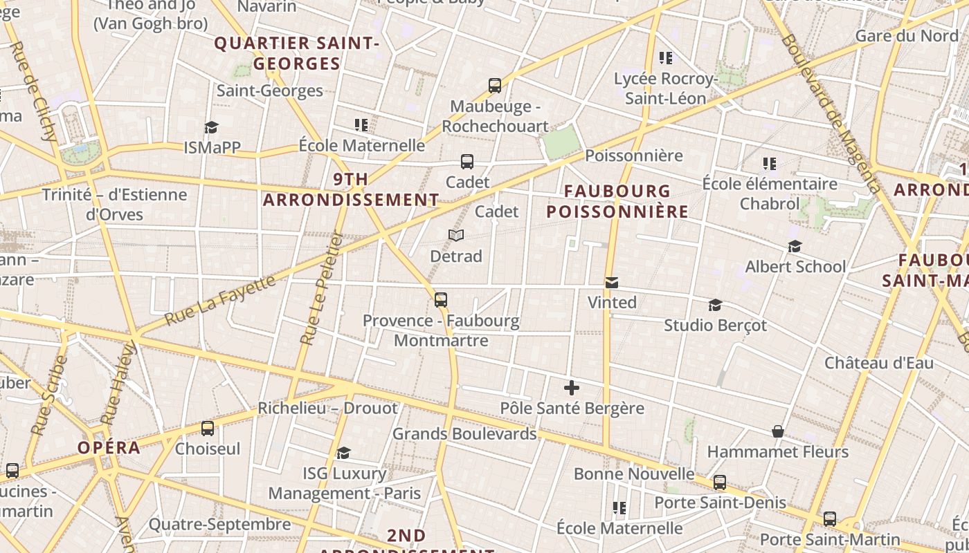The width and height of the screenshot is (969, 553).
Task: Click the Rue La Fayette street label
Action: [x=220, y=301]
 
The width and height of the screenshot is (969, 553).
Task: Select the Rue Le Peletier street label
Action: [x=322, y=288]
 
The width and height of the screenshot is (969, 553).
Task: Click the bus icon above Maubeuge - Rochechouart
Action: [x=495, y=86]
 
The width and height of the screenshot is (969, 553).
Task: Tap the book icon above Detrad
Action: [x=455, y=236]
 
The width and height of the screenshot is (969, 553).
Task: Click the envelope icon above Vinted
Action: [x=612, y=283]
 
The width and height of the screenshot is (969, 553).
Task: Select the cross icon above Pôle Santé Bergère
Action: [x=572, y=388]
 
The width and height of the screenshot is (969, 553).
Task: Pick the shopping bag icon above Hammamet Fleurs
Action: [x=778, y=431]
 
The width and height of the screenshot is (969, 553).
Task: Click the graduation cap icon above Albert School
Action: [x=795, y=247]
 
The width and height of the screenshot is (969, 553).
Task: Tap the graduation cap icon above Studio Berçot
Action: [x=715, y=305]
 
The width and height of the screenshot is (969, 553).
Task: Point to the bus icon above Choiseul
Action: [x=208, y=429]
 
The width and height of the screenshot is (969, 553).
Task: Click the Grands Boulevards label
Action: [x=464, y=434]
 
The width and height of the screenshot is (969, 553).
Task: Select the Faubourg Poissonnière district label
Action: [x=617, y=201]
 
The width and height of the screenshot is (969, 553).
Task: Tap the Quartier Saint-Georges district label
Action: [x=297, y=53]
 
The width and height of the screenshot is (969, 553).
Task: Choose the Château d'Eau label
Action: [x=878, y=363]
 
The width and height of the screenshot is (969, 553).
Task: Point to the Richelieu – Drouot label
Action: [x=328, y=408]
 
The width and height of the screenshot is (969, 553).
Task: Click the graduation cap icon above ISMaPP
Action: [x=211, y=127]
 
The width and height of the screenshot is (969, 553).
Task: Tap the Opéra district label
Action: [x=109, y=447]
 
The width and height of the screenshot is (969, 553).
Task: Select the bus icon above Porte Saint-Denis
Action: [x=720, y=482]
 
